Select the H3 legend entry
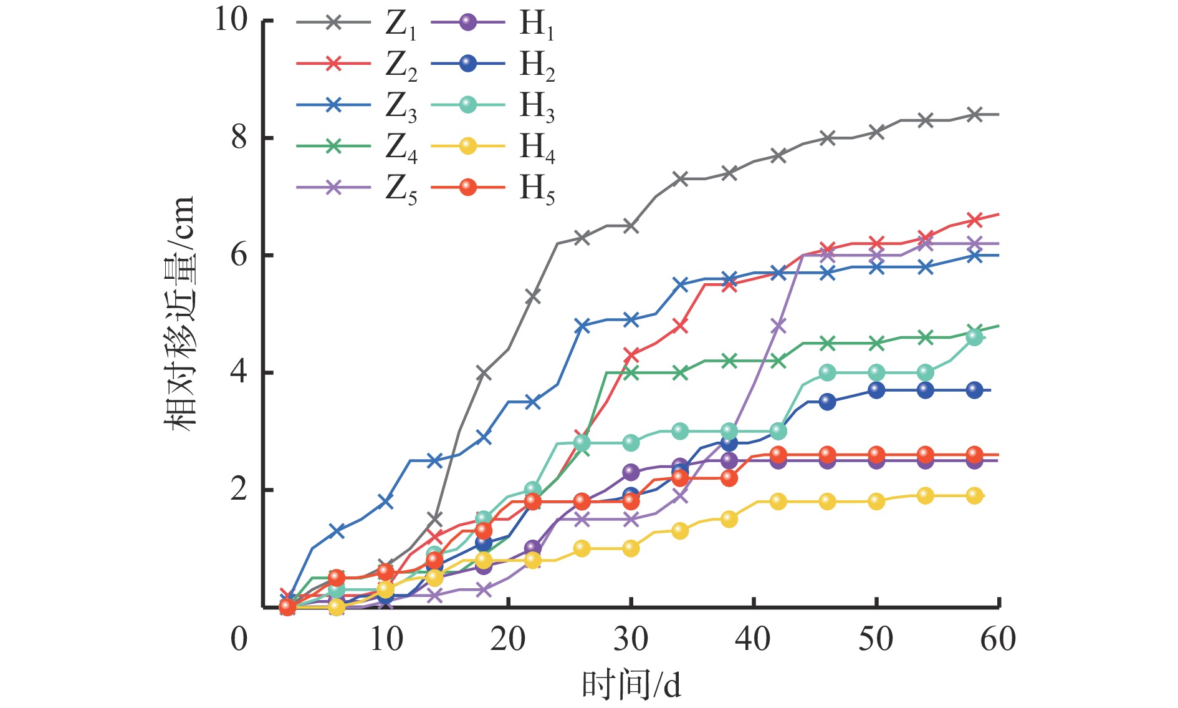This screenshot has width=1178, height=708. (x=492, y=105)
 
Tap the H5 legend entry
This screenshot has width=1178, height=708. (x=492, y=187)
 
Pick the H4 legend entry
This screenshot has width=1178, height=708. (x=492, y=147)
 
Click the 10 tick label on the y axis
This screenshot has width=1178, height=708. (x=231, y=20)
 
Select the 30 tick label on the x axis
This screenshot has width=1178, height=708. (x=631, y=639)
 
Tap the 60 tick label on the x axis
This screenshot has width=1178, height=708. (x=998, y=639)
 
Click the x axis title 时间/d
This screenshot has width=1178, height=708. (x=631, y=684)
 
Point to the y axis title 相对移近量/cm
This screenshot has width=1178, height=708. (x=180, y=312)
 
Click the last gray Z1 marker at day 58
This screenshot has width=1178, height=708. (x=975, y=115)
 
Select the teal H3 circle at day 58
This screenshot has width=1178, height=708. (x=975, y=337)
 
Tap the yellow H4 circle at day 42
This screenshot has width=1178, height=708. (x=778, y=502)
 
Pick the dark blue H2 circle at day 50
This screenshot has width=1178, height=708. (x=876, y=390)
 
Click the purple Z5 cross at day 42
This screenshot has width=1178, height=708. (x=778, y=326)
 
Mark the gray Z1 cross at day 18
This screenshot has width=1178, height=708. (x=484, y=374)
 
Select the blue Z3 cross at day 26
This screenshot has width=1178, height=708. (x=582, y=326)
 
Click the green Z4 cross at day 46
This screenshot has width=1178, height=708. (x=827, y=343)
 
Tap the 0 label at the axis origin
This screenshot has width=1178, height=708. (x=239, y=639)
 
